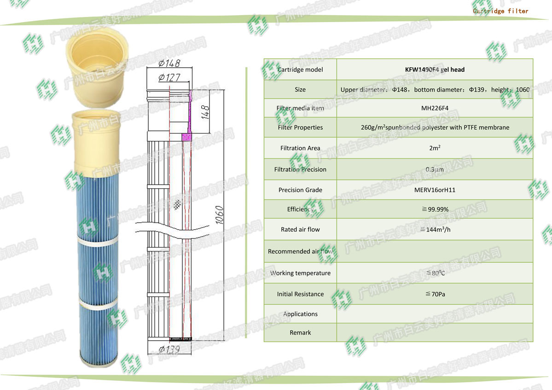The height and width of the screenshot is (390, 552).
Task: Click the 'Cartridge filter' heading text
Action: tap(500, 11)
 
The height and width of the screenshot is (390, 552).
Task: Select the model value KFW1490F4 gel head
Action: tap(435, 70)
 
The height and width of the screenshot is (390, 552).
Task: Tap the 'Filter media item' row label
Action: tap(300, 108)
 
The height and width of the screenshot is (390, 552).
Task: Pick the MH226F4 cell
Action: tap(435, 108)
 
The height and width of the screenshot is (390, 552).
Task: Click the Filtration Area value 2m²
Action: tap(435, 148)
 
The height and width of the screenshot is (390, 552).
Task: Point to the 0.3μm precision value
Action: tap(435, 169)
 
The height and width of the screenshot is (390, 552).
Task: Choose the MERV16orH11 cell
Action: tap(435, 190)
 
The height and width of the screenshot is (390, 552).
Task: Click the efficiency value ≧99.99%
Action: tap(435, 209)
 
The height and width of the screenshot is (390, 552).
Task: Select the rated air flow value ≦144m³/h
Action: tap(435, 229)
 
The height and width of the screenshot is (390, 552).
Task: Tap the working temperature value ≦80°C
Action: tap(435, 273)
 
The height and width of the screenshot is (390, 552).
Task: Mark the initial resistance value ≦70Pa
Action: tap(435, 294)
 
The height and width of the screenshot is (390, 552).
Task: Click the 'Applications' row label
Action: tap(300, 314)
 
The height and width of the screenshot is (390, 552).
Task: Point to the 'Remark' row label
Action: tap(300, 332)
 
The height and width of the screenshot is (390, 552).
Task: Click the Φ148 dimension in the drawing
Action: tap(169, 64)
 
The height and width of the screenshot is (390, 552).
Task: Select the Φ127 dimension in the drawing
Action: tap(169, 77)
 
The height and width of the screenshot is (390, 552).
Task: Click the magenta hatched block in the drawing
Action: tap(186, 137)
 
